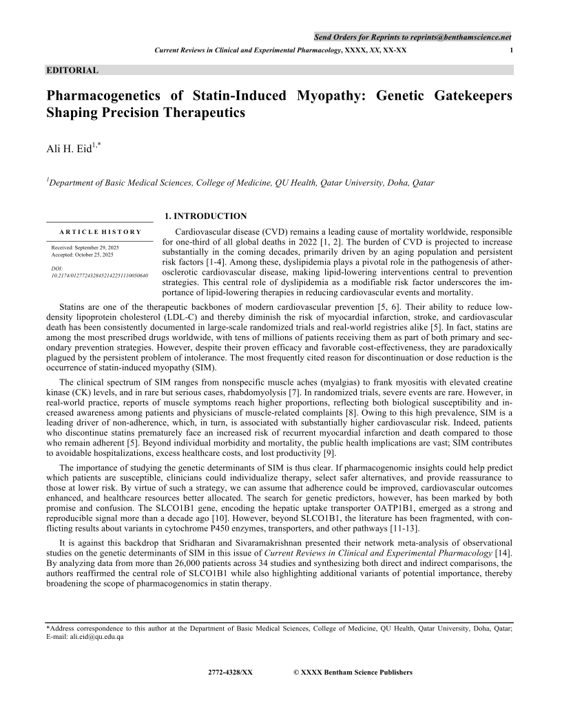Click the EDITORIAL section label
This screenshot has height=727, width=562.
click(72, 70)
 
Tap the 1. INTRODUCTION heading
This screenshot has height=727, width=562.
click(205, 216)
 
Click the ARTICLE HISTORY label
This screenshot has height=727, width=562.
click(100, 232)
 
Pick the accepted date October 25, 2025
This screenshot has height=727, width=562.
click(94, 255)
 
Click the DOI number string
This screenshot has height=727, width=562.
click(100, 275)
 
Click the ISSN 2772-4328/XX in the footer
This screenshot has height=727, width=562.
click(230, 672)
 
